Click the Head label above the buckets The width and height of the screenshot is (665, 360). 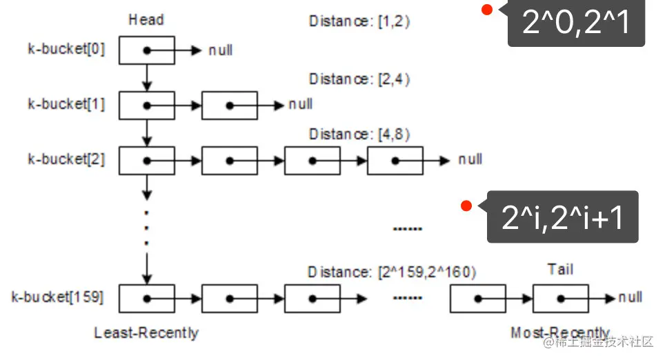[x=146, y=20]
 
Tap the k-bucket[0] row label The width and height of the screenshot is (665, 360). [x=66, y=50]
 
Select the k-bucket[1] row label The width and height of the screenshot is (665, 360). [x=66, y=105]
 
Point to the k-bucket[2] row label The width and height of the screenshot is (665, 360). [x=66, y=159]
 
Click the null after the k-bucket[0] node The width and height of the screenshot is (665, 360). [x=221, y=50]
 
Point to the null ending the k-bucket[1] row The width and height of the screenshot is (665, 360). [x=300, y=105]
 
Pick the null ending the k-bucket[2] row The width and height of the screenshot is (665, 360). [x=470, y=160]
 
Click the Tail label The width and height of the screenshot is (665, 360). [x=559, y=270]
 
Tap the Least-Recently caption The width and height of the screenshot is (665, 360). [x=146, y=333]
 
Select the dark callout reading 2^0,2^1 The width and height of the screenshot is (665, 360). [x=576, y=23]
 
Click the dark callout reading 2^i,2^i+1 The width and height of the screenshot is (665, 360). [x=562, y=217]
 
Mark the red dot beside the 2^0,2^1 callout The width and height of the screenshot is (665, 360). [x=487, y=10]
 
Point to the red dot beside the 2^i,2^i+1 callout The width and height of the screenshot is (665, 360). [x=466, y=205]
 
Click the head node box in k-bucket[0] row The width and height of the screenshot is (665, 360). [x=146, y=50]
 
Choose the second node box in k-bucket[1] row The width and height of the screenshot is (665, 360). [x=229, y=106]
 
